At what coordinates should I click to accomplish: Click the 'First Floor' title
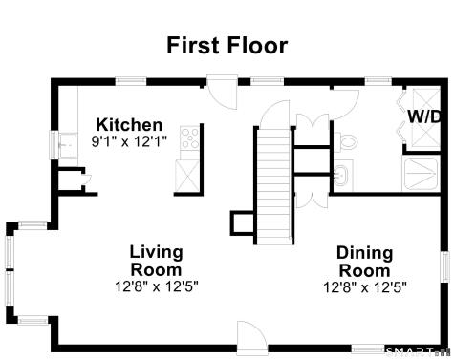click(227, 45)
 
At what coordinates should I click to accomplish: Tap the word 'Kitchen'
click(129, 125)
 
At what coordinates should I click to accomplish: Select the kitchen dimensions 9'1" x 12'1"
click(129, 141)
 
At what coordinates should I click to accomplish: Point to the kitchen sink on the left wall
click(65, 146)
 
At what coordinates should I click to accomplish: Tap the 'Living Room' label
click(156, 261)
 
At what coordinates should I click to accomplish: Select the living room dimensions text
click(156, 286)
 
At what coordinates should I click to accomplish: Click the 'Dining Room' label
click(364, 261)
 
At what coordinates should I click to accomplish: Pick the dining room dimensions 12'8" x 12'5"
click(364, 286)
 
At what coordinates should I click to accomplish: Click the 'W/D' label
click(424, 116)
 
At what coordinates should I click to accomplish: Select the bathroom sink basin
click(342, 175)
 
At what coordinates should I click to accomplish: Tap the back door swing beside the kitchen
click(222, 95)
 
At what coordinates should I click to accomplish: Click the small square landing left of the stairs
click(241, 222)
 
